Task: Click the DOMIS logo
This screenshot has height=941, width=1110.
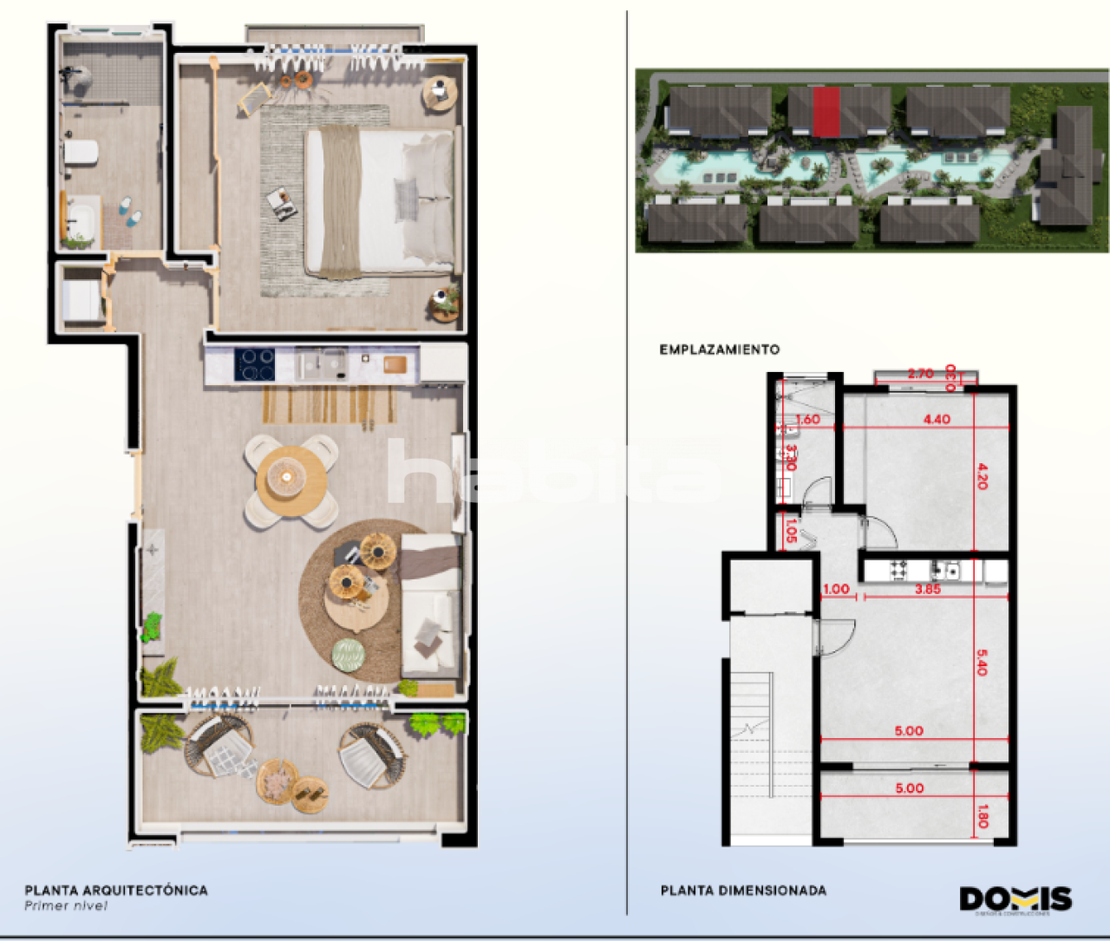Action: coord(1015,899)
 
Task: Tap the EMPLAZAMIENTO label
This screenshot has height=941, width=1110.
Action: coord(719,350)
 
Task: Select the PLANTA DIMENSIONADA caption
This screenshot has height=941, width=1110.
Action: coord(743,891)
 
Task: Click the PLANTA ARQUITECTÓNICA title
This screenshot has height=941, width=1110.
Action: coord(116,890)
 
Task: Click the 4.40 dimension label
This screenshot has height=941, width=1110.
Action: coord(937,419)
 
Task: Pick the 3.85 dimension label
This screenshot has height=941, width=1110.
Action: coord(928,589)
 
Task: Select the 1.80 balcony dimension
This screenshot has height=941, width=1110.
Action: coord(983,816)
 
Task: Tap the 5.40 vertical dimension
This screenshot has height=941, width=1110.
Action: coord(982,663)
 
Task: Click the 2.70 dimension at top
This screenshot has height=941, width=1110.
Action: coord(920,374)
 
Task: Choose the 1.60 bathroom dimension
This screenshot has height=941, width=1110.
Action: coord(807,419)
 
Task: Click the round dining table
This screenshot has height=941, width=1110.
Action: coord(290,479)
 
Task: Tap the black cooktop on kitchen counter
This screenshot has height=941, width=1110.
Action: coord(255,364)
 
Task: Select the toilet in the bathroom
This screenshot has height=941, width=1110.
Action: coord(81,154)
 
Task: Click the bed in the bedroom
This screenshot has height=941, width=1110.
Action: coord(380,202)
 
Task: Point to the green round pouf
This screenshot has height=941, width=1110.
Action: coord(349,655)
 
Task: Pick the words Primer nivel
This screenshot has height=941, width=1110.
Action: coord(66,906)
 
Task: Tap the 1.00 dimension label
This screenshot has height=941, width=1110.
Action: coord(836,589)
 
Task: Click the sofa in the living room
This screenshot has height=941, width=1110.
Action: coord(430,606)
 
